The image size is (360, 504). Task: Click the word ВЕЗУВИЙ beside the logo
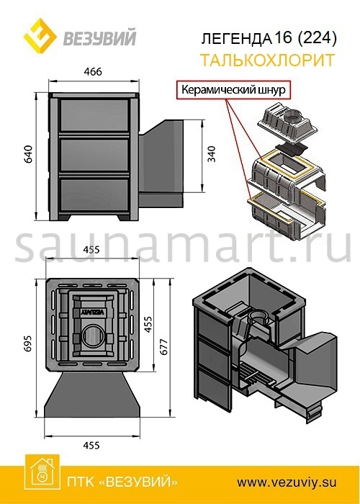tap(99, 38)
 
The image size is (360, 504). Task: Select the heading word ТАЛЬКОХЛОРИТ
tap(267, 60)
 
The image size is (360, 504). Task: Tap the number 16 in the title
tap(283, 38)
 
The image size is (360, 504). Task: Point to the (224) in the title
tap(316, 38)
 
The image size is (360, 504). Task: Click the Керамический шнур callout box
tap(233, 89)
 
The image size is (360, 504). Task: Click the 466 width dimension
tap(92, 72)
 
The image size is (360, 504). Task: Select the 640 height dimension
tap(29, 154)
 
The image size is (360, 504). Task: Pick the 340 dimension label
tap(212, 153)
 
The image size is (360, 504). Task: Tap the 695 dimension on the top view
tap(29, 343)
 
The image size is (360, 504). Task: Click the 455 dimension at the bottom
tap(91, 446)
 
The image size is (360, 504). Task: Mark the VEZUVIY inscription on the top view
tap(93, 312)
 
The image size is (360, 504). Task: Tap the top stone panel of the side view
tap(94, 114)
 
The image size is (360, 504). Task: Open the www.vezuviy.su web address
tap(287, 482)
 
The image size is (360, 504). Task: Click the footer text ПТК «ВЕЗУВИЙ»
tap(122, 482)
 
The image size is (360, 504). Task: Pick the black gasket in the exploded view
tap(291, 148)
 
